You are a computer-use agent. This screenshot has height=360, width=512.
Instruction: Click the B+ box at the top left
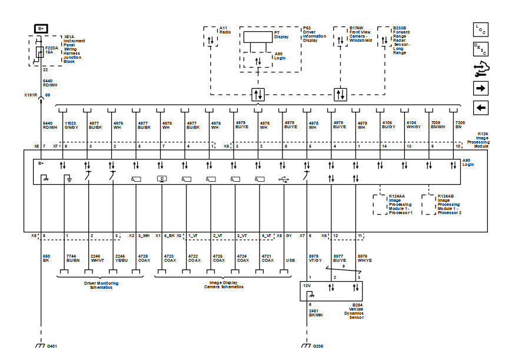41,28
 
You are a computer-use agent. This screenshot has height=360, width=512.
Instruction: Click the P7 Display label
280,34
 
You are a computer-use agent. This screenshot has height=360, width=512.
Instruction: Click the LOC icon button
481,29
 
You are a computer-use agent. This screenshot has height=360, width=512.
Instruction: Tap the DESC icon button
481,49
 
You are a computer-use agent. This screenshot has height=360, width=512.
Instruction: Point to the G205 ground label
318,346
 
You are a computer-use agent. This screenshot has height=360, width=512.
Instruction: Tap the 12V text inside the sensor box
307,286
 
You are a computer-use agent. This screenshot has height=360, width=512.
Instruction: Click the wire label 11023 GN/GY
72,125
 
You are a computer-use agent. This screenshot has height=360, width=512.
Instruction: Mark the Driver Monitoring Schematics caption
101,285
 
